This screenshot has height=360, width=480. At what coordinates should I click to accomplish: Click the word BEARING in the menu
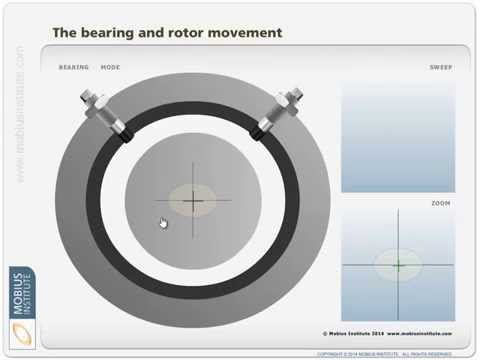click(74, 67)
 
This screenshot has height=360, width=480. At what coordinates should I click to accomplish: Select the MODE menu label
click(110, 67)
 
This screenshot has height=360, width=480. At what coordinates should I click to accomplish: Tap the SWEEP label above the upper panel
click(440, 67)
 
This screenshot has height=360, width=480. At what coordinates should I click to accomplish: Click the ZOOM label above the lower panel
click(441, 203)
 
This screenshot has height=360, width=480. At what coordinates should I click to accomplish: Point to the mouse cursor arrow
click(163, 222)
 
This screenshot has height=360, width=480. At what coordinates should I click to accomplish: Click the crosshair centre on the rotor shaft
click(193, 201)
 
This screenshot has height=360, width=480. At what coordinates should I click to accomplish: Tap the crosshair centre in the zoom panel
click(398, 265)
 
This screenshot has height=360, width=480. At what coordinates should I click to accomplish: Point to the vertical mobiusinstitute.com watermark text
click(19, 115)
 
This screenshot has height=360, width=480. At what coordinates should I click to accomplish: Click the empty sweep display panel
click(398, 135)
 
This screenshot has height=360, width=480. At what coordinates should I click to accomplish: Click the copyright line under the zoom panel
click(388, 334)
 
